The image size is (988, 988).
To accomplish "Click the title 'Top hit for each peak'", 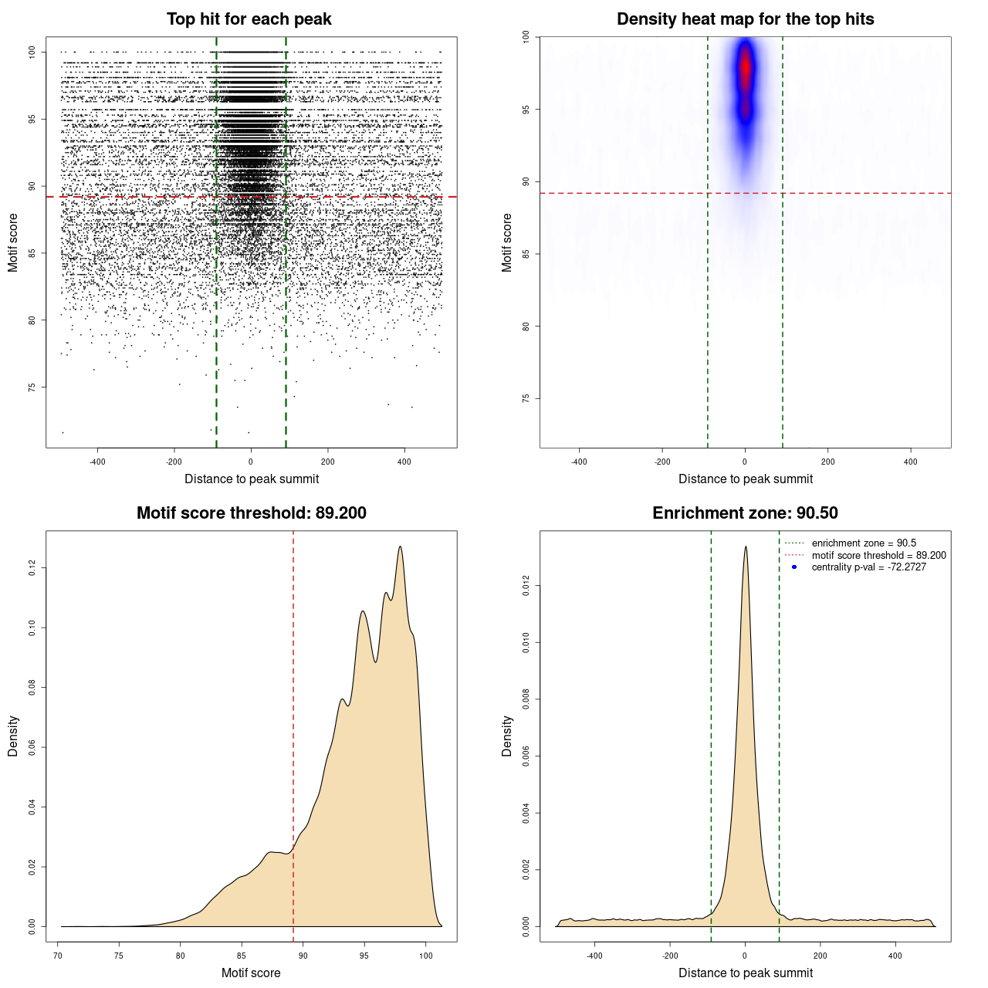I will click(249, 19).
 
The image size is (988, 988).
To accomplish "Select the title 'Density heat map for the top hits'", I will click(745, 19).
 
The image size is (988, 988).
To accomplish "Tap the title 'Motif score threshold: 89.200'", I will click(251, 513).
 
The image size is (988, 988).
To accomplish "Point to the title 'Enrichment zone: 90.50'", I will click(745, 513).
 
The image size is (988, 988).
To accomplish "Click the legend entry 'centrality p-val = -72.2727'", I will click(868, 567).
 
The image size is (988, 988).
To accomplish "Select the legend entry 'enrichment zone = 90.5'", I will click(864, 543).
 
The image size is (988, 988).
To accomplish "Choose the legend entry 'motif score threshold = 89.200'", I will click(878, 556).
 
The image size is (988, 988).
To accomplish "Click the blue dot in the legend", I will click(794, 567).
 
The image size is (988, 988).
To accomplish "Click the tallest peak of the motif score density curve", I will click(400, 547).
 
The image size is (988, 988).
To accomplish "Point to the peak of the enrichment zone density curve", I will click(746, 547).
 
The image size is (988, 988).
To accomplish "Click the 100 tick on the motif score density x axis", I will click(426, 956).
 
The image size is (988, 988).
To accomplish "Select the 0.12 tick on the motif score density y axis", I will click(32, 568).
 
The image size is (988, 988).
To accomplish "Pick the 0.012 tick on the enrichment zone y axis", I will click(526, 586).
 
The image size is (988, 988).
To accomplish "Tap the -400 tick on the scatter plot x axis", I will click(97, 462).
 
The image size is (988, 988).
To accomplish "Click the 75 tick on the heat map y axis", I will click(526, 398).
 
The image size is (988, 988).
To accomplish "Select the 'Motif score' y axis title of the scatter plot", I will click(13, 242).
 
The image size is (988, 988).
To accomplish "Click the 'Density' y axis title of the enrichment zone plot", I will click(507, 736).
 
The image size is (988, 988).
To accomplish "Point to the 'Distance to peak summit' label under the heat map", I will click(745, 479).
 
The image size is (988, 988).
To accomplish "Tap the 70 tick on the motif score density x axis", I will click(58, 956).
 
